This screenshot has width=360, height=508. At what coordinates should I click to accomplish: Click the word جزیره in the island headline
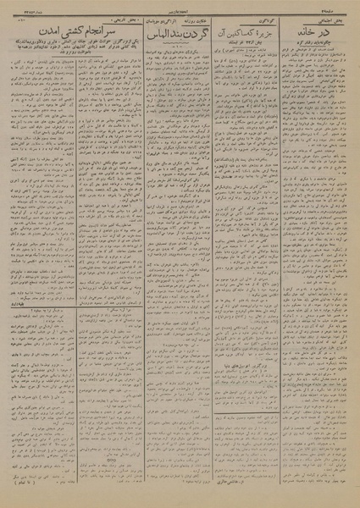[x=266, y=31]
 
